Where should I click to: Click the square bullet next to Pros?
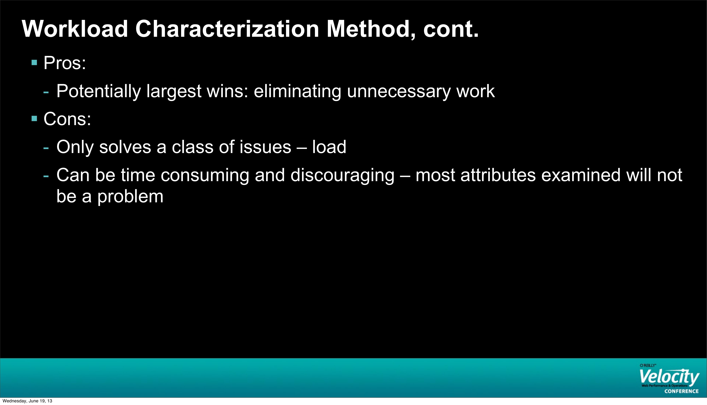click(34, 62)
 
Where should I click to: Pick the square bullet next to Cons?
click(34, 119)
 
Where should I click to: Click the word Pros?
click(64, 63)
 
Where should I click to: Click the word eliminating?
click(297, 91)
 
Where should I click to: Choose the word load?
click(329, 147)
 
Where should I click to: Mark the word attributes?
click(498, 175)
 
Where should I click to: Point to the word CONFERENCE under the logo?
click(681, 391)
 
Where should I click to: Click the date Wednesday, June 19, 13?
click(27, 401)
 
